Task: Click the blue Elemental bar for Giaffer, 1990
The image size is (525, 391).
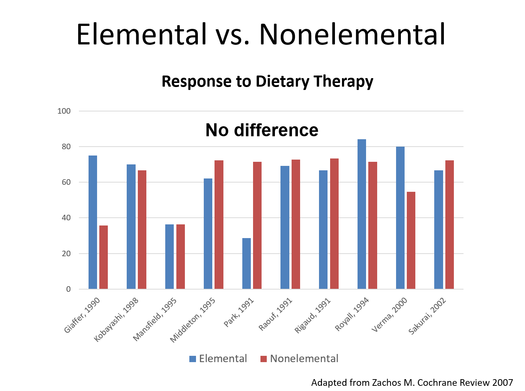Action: click(93, 222)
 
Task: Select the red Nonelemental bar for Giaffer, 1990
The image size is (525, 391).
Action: click(104, 257)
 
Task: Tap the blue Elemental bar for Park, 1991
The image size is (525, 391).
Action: click(246, 263)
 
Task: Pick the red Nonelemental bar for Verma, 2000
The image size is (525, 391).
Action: click(411, 240)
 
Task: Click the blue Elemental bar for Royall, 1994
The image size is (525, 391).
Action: click(362, 214)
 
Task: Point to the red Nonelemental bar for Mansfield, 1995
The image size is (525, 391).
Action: click(180, 257)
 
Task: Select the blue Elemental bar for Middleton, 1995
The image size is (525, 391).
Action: click(208, 234)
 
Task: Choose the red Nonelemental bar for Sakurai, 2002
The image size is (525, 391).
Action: click(449, 224)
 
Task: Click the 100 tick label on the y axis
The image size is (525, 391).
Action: click(64, 111)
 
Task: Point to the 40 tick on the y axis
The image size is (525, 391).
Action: click(66, 218)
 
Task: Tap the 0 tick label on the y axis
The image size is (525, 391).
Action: click(69, 289)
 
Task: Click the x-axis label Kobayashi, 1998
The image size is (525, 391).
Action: click(117, 319)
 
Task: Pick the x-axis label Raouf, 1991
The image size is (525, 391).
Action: click(276, 314)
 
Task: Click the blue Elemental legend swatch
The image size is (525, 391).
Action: click(193, 359)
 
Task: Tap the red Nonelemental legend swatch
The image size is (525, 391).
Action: click(264, 359)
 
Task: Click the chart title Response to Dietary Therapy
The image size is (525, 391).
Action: click(268, 81)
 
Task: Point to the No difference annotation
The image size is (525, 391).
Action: click(262, 130)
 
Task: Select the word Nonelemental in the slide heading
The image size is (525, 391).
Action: click(352, 34)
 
